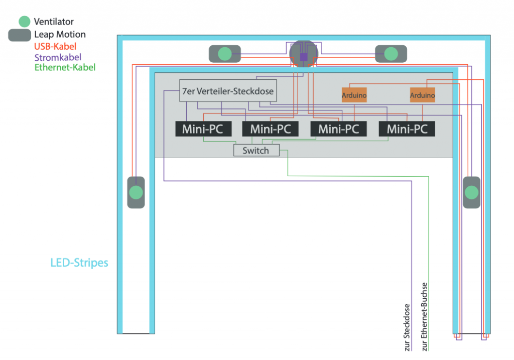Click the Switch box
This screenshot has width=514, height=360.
256,150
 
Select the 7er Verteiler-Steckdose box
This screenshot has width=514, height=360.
228,91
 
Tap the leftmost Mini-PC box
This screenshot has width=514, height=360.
203,129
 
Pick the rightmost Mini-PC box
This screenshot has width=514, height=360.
407,129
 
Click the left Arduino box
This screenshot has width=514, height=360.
354,95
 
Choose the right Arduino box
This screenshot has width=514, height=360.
422,95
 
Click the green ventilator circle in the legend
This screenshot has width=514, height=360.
24,22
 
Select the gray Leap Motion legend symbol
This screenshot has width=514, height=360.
20,35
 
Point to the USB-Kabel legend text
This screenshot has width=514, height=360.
55,46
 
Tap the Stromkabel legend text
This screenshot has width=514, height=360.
58,57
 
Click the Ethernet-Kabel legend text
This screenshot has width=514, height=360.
65,67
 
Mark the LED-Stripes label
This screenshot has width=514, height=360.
79,263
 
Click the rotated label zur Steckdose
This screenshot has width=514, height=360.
407,327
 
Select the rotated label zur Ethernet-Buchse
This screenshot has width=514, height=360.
424,316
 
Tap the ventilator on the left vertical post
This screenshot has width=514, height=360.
136,192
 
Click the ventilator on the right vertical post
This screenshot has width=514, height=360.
471,192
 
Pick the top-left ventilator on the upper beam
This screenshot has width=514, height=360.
225,54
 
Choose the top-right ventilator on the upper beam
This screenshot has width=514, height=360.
391,54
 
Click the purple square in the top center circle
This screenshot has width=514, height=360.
304,57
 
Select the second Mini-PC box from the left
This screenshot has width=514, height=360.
271,129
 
